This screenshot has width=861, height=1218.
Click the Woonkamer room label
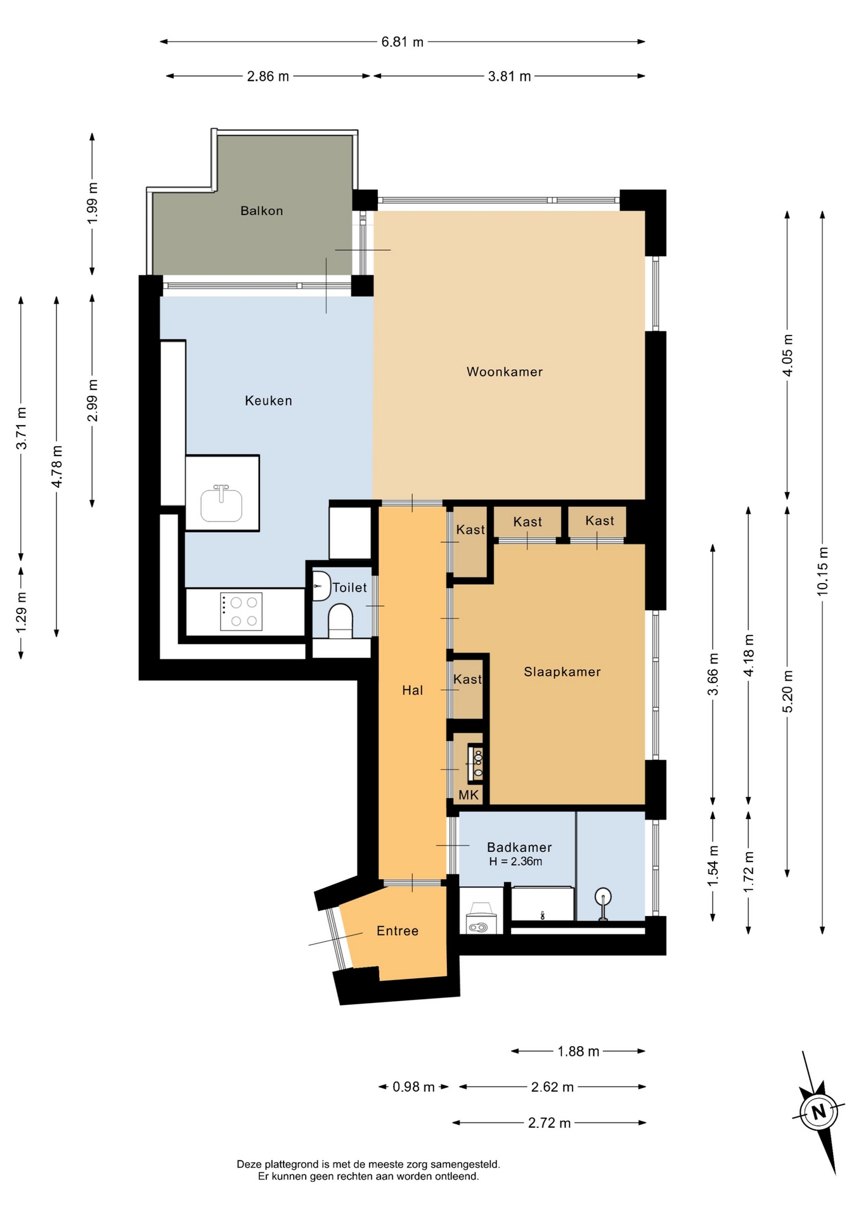[x=505, y=372]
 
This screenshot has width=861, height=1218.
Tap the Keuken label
[x=269, y=400]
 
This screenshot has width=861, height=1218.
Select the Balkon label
[x=262, y=211]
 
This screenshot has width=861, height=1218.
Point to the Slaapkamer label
[x=562, y=672]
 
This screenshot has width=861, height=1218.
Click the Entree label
[x=398, y=931]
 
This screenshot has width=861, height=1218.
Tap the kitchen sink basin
[x=221, y=504]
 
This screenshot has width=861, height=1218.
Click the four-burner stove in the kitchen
[x=241, y=612]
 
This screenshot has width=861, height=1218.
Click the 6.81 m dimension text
[x=403, y=42]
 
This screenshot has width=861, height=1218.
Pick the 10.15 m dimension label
[x=822, y=571]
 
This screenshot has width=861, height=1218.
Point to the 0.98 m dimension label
[x=413, y=1087]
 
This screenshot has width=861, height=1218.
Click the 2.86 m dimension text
[x=268, y=76]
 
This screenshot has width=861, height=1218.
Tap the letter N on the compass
[x=819, y=1111]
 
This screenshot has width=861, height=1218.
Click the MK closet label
[x=469, y=795]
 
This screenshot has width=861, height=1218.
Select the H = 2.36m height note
[x=515, y=861]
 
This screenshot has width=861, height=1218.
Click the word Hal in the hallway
[x=413, y=690]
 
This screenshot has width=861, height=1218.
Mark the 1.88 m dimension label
[x=578, y=1051]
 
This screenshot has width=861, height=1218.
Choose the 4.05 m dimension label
[x=787, y=355]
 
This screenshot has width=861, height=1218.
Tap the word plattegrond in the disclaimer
[x=292, y=1165]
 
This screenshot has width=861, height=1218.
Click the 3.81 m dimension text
[x=510, y=76]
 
